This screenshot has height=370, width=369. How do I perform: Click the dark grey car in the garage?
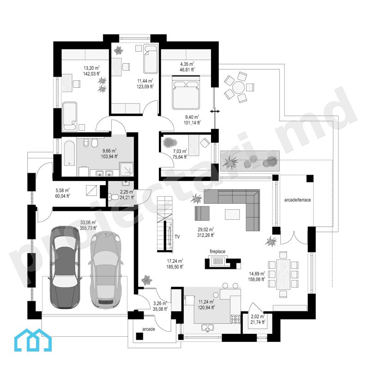pyautogui.click(x=65, y=267)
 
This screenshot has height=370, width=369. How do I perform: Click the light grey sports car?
pyautogui.click(x=105, y=269)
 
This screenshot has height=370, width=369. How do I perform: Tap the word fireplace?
pyautogui.click(x=218, y=252)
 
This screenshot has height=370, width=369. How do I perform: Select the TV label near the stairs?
pyautogui.click(x=177, y=237)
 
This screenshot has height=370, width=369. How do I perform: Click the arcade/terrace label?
pyautogui.click(x=297, y=200)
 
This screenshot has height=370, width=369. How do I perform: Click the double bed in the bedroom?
pyautogui.click(x=186, y=95)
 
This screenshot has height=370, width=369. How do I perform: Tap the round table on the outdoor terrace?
pyautogui.click(x=239, y=88)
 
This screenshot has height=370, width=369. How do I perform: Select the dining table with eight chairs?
pyautogui.click(x=283, y=274)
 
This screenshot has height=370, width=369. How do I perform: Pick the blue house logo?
pyautogui.click(x=33, y=340)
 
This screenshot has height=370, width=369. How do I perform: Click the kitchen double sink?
pyautogui.click(x=208, y=328)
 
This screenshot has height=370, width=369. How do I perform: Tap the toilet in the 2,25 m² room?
pyautogui.click(x=113, y=197)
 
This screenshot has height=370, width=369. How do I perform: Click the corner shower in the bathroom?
pyautogui.click(x=127, y=169)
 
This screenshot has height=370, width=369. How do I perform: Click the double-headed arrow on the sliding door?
pyautogui.click(x=215, y=111)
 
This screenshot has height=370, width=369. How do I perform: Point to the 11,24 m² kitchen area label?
pyautogui.click(x=206, y=304)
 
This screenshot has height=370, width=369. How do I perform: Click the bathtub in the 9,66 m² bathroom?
pyautogui.click(x=69, y=153)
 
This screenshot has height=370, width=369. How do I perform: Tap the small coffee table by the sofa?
pyautogui.click(x=232, y=214)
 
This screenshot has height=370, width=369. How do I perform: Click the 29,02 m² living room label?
pyautogui.click(x=206, y=232)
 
